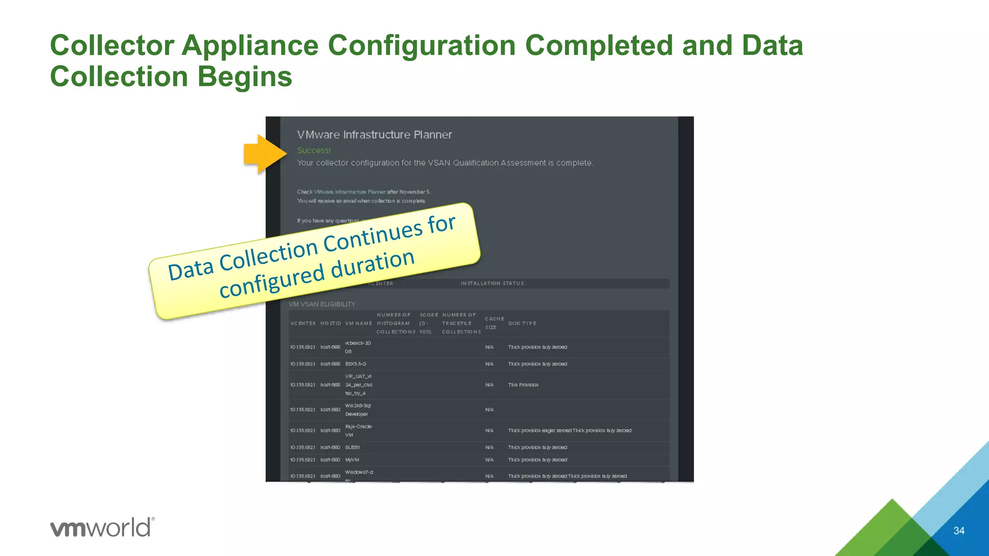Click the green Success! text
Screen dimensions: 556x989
(x=313, y=151)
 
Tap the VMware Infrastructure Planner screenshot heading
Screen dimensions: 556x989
(x=374, y=135)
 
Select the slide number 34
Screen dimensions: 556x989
(x=959, y=531)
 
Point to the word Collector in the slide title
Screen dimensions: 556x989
(x=112, y=45)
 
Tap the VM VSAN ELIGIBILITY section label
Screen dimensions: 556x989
(x=322, y=305)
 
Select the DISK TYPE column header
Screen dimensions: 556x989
(x=522, y=323)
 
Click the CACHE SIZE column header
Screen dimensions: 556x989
(x=494, y=323)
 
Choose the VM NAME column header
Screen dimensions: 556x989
(x=358, y=323)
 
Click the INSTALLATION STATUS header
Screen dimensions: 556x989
(x=492, y=283)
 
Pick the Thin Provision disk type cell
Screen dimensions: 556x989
(x=523, y=385)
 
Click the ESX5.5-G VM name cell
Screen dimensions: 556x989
(x=355, y=364)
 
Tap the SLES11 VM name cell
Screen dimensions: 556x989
(x=352, y=447)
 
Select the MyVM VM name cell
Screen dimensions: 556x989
(x=352, y=460)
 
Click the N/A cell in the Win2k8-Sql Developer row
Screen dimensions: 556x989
(x=489, y=410)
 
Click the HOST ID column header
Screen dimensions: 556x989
(x=330, y=323)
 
